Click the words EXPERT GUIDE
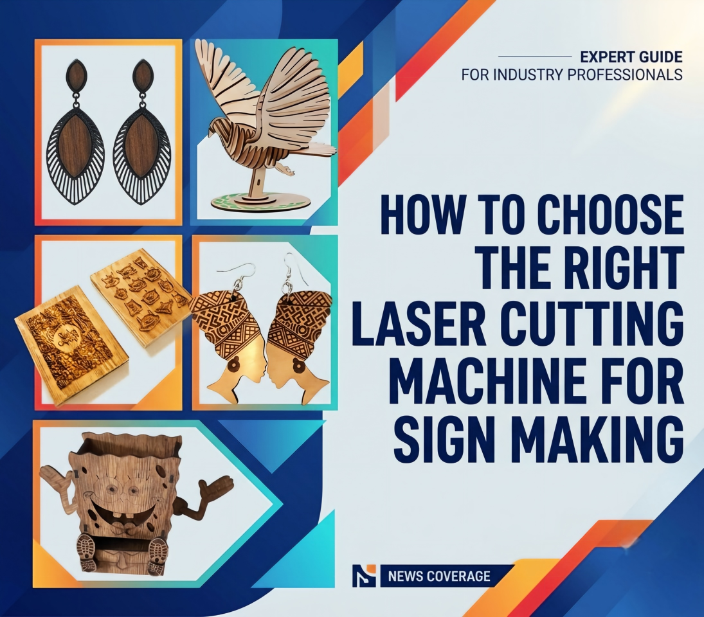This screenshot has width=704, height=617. click(x=631, y=57)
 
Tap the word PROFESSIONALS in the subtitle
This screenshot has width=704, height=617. click(x=624, y=75)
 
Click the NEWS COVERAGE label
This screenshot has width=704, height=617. click(x=438, y=576)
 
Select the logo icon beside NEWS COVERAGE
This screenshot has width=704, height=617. click(x=364, y=576)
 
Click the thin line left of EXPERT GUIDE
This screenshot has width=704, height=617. click(x=535, y=57)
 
